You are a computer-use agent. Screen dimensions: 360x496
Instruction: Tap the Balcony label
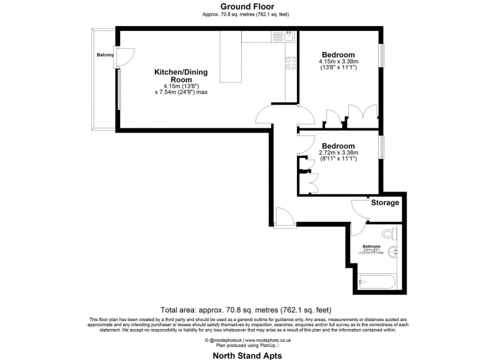click(105, 55)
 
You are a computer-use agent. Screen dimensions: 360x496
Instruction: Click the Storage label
click(385, 203)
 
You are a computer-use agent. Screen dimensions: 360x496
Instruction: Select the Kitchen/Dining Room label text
click(181, 76)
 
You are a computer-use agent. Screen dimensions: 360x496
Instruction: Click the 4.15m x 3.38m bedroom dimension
click(339, 62)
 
